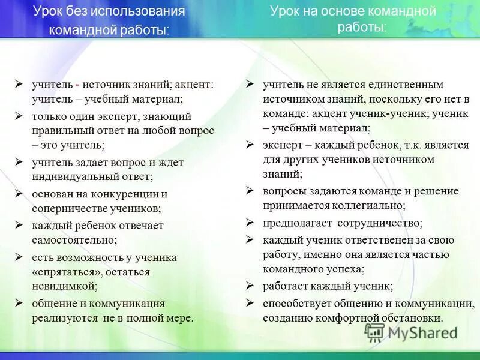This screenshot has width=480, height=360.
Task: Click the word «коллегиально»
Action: [370, 205]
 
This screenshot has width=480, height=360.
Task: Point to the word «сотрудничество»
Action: [379, 223]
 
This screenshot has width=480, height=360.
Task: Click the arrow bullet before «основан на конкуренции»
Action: [19, 194]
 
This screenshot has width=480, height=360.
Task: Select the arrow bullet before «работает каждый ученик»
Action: [250, 286]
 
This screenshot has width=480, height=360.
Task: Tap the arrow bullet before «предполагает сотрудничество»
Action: [250, 223]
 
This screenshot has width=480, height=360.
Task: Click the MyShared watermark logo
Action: [412, 332]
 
